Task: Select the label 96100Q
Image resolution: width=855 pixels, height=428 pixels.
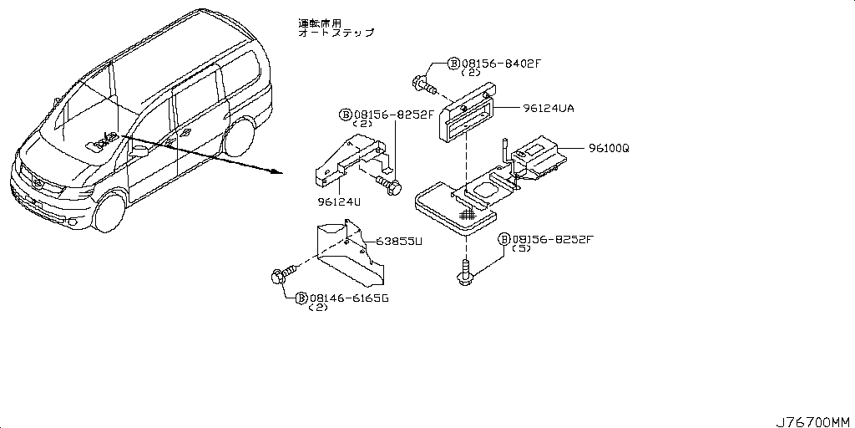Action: tap(608, 148)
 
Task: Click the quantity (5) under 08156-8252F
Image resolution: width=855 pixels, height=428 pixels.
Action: tap(522, 250)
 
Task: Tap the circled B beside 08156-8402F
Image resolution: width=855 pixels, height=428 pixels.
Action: tap(453, 63)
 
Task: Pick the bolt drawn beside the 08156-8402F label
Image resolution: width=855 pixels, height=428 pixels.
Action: tap(425, 83)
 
